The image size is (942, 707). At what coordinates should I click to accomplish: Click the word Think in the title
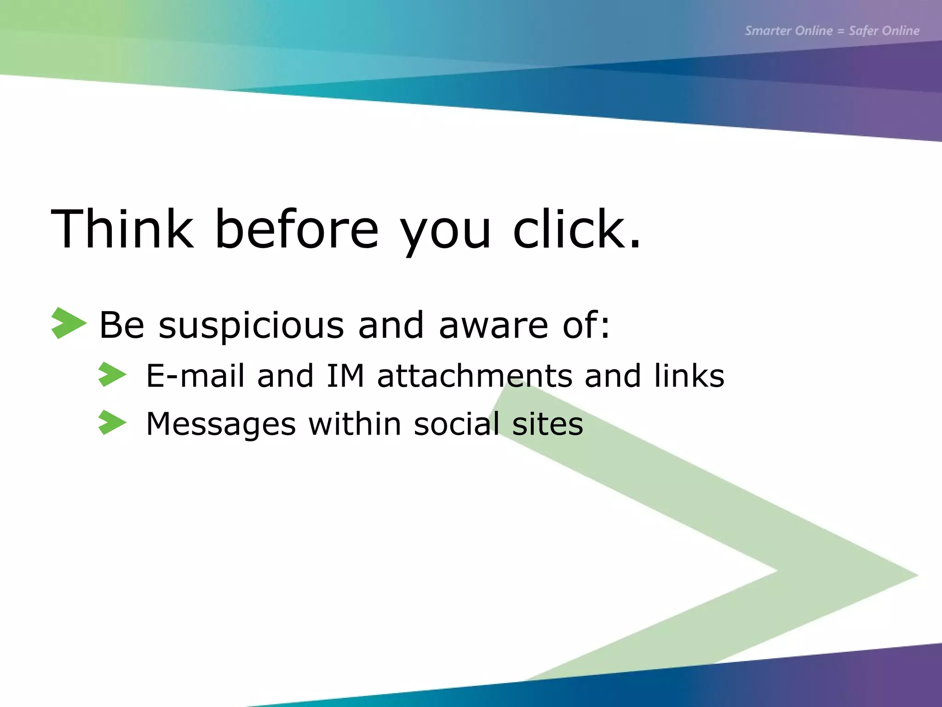[x=122, y=229]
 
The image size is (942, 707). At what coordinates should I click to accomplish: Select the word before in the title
[x=297, y=229]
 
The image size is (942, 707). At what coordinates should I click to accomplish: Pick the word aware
[x=494, y=325]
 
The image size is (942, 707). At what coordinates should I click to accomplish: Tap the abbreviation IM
[x=345, y=376]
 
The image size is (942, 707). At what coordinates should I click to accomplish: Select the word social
[x=457, y=423]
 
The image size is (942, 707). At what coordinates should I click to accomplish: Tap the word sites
[x=547, y=423]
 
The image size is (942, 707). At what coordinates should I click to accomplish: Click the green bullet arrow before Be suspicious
[x=69, y=323]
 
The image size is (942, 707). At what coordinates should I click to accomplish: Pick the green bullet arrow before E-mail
[x=112, y=374]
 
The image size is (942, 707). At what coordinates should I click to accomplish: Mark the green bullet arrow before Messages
[x=112, y=423]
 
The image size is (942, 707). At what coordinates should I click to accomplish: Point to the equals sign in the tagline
[x=840, y=31]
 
